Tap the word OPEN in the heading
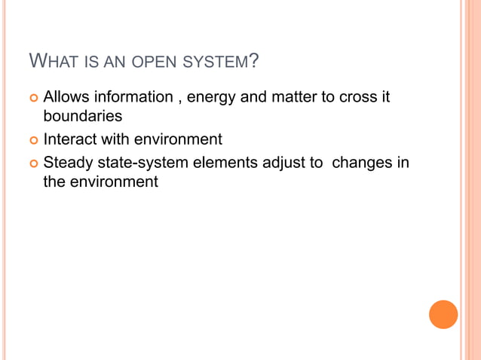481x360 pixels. click(x=152, y=61)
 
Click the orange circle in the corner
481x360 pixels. click(x=443, y=314)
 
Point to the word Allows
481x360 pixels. click(x=67, y=98)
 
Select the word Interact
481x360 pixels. click(x=69, y=139)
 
